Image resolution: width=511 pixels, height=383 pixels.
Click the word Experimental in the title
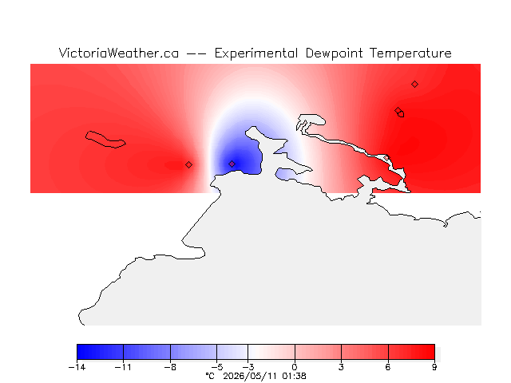[256, 53]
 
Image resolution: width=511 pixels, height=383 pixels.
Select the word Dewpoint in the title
[334, 53]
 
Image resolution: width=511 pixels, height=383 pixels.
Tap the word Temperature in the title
[410, 53]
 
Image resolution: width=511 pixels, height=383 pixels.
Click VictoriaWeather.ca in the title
[119, 53]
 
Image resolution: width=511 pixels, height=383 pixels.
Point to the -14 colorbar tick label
[77, 368]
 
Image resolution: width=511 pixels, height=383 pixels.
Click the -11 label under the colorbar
[123, 368]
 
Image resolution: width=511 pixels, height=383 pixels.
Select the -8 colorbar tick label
[170, 368]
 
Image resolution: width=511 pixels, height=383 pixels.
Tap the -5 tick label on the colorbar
[216, 368]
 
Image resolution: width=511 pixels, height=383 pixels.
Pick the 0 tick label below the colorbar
[295, 368]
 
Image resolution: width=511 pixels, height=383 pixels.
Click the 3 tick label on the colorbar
[341, 368]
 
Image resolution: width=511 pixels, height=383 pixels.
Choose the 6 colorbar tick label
[388, 368]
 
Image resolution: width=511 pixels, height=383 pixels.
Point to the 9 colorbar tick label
[434, 368]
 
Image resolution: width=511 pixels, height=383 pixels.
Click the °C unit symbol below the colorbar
[210, 376]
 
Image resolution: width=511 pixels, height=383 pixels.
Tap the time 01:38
[295, 376]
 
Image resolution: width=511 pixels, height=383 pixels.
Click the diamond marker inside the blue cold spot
[232, 164]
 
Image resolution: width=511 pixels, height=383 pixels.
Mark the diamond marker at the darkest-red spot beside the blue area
[188, 165]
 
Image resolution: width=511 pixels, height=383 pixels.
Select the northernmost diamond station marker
[414, 85]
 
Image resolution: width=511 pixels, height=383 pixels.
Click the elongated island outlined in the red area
[105, 140]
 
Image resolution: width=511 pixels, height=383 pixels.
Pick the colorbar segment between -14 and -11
[100, 352]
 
